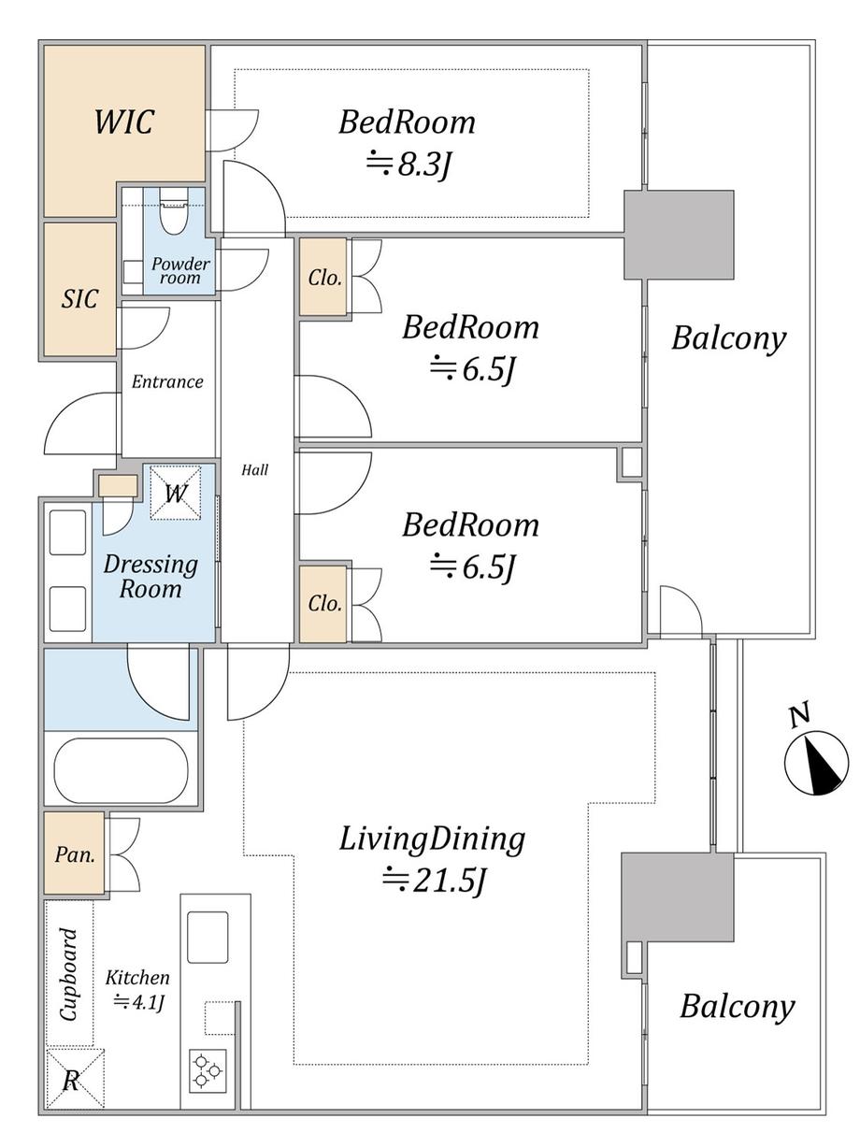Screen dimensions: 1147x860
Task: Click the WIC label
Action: click(123, 122)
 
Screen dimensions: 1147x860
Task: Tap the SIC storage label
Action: click(79, 299)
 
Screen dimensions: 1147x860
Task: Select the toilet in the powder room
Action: click(174, 212)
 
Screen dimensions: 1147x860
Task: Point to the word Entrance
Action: click(167, 381)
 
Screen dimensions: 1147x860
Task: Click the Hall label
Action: click(254, 470)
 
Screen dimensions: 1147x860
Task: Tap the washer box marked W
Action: click(175, 492)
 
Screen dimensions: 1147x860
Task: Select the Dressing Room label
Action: click(150, 577)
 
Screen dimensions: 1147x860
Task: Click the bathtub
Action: click(121, 770)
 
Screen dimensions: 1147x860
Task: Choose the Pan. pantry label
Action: click(74, 854)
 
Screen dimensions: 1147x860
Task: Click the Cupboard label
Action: click(69, 973)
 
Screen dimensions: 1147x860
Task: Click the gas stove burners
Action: click(207, 1070)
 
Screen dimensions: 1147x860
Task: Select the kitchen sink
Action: click(207, 937)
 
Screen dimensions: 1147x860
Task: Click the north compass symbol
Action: click(816, 761)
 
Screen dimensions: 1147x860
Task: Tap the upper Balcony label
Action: click(728, 338)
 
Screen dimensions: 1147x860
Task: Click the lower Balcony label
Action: click(737, 1007)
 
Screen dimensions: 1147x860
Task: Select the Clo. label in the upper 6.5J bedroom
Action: click(324, 278)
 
